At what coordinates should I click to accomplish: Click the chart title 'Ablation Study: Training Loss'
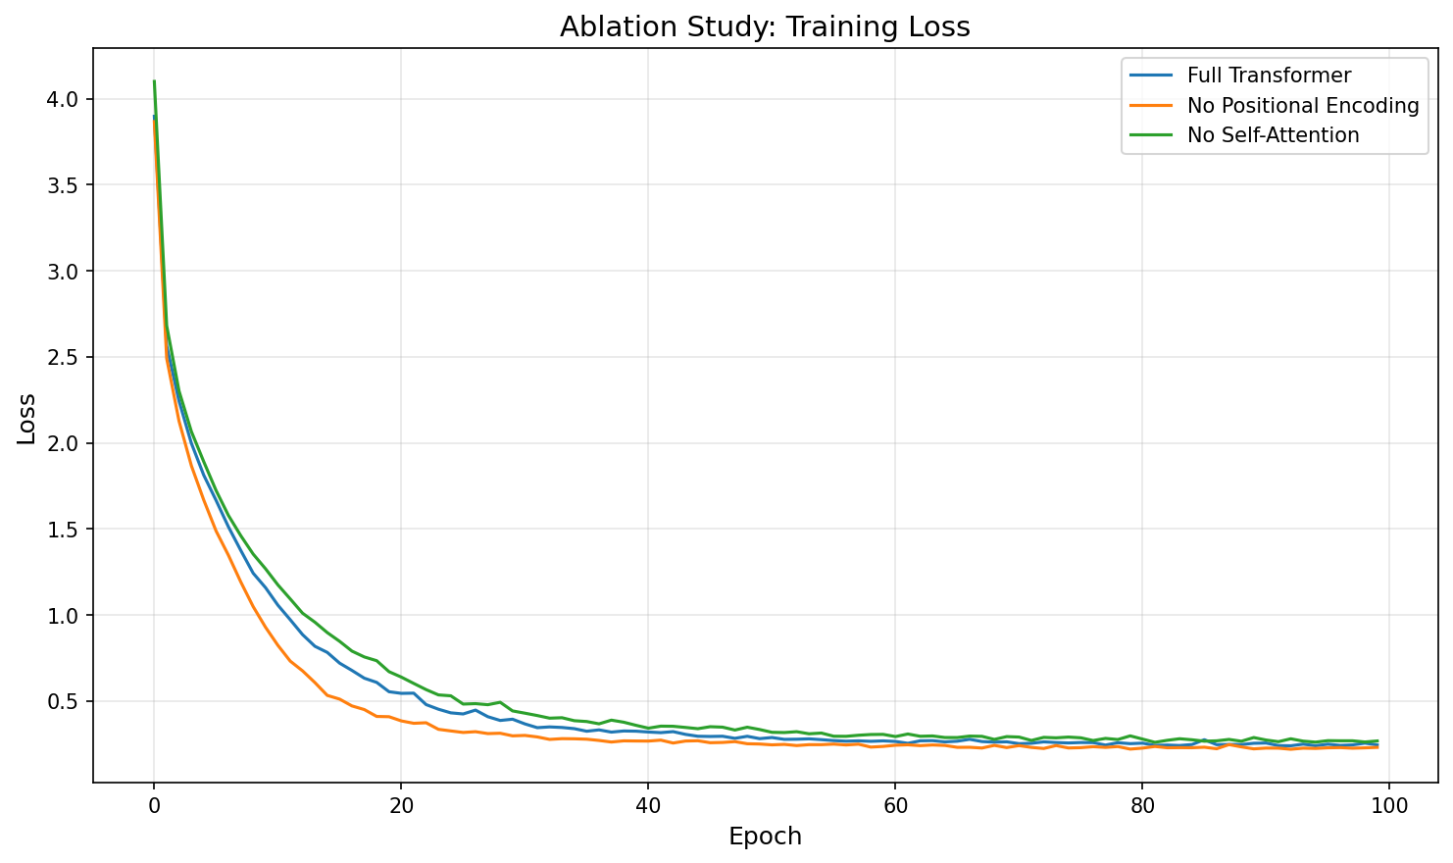pyautogui.click(x=765, y=27)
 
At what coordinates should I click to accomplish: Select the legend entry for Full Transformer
pyautogui.click(x=1269, y=76)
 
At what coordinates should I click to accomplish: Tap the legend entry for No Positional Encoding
pyautogui.click(x=1302, y=106)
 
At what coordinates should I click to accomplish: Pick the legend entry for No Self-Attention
pyautogui.click(x=1273, y=135)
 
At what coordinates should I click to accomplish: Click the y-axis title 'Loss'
pyautogui.click(x=27, y=419)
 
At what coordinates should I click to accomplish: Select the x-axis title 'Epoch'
pyautogui.click(x=765, y=837)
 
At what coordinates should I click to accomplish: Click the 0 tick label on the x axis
pyautogui.click(x=154, y=807)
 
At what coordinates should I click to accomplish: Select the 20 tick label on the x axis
pyautogui.click(x=401, y=807)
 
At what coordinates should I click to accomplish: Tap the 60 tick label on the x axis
pyautogui.click(x=895, y=807)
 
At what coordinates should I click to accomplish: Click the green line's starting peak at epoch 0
pyautogui.click(x=154, y=81)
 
